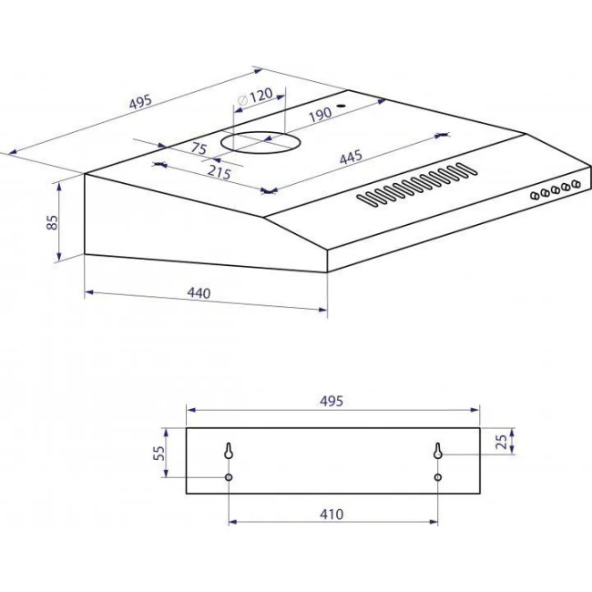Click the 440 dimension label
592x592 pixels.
click(x=199, y=293)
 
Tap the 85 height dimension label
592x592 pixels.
click(x=52, y=222)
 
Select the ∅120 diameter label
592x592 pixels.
click(x=255, y=97)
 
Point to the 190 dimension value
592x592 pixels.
click(x=321, y=115)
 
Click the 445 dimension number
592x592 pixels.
click(x=351, y=157)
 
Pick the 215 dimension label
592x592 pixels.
click(x=219, y=172)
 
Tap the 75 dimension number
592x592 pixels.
click(x=199, y=148)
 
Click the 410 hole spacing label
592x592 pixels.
click(x=332, y=515)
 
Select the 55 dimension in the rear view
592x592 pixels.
click(x=159, y=453)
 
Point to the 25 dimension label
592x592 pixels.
click(x=502, y=442)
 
